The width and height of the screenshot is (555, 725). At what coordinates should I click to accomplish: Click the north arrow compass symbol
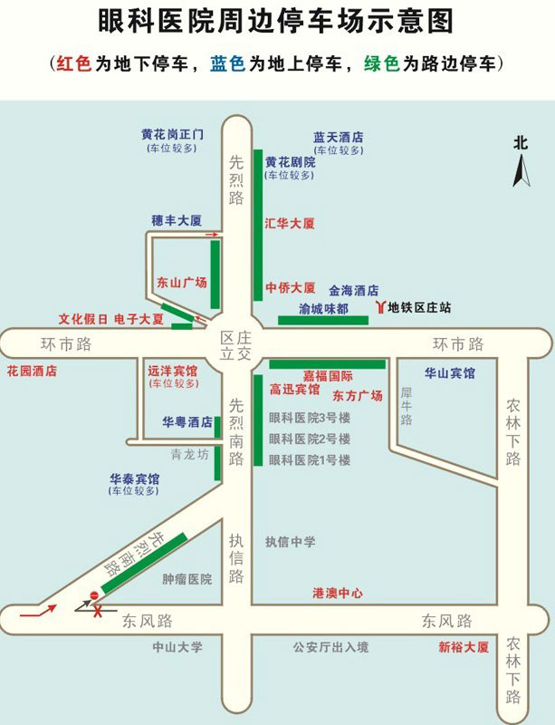(522, 169)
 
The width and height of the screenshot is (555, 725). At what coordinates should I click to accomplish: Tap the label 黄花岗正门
(172, 134)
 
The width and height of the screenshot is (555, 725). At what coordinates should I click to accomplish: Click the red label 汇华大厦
(290, 222)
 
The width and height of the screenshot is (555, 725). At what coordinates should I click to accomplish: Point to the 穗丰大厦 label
(176, 220)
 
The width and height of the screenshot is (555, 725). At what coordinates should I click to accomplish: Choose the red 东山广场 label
(182, 282)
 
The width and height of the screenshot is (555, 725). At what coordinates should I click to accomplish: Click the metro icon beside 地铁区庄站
(378, 308)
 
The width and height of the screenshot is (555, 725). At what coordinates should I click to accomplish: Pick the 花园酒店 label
(32, 371)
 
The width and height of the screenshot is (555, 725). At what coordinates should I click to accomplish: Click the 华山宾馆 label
(449, 372)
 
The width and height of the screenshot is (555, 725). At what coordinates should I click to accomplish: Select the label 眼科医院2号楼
(309, 439)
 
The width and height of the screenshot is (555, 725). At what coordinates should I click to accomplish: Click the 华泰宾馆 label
(135, 478)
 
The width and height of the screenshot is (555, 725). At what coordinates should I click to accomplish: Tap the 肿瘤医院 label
(187, 578)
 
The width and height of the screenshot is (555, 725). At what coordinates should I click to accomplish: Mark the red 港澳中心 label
(337, 593)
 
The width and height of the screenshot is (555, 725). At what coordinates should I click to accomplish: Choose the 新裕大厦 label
(463, 647)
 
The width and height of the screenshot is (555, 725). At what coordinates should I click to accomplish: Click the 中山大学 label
(177, 647)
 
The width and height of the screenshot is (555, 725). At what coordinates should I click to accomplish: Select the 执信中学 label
(290, 542)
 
